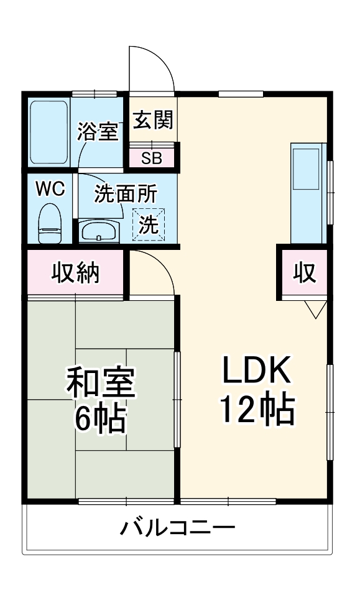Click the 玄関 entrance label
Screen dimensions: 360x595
coord(153,120)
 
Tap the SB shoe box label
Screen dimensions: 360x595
coord(152,159)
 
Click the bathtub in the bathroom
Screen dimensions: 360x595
coord(49,132)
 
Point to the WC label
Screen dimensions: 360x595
coord(50,188)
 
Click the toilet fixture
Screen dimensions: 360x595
coord(50,223)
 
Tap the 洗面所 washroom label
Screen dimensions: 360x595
coord(126,193)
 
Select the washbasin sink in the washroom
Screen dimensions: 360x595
coord(99,231)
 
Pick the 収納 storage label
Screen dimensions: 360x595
coord(76,272)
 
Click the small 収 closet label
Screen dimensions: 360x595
coord(305,272)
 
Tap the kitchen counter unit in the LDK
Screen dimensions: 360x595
coord(308,193)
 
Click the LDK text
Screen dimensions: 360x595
coord(257,369)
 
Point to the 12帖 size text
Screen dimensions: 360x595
coord(258,410)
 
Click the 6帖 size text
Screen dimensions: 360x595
coord(100,419)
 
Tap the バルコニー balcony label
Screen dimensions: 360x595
coord(178,528)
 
